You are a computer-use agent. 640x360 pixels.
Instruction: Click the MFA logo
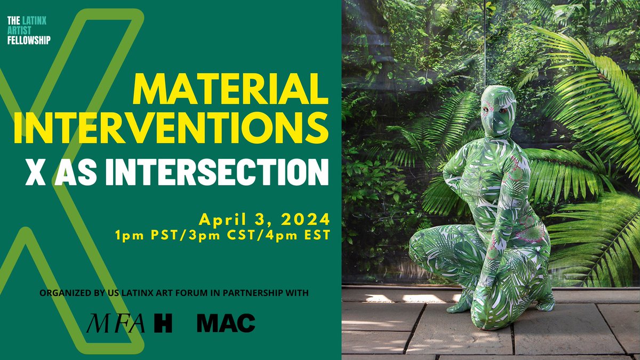[x=116, y=323]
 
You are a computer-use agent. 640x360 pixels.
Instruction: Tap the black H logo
[x=163, y=323]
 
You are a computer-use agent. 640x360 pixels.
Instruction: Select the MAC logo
[x=226, y=323]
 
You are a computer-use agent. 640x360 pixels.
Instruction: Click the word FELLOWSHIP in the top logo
[x=29, y=39]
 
